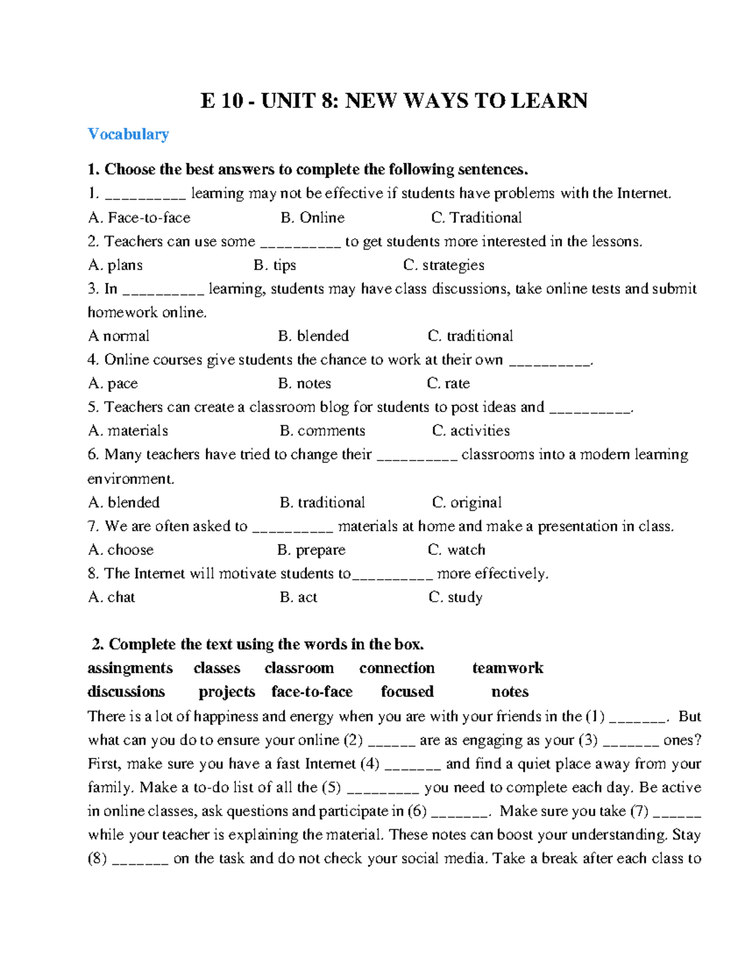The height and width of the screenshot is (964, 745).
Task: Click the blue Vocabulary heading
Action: pyautogui.click(x=128, y=134)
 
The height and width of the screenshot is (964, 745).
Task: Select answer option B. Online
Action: pyautogui.click(x=312, y=218)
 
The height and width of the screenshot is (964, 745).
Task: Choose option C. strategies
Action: pyautogui.click(x=443, y=265)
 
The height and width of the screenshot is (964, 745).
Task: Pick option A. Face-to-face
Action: pyautogui.click(x=139, y=218)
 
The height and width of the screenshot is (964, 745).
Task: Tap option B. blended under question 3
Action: pyautogui.click(x=314, y=336)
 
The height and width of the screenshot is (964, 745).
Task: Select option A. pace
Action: pyautogui.click(x=113, y=384)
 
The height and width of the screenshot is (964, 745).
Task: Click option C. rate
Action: pyautogui.click(x=448, y=384)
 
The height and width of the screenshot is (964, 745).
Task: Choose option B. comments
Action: pyautogui.click(x=322, y=431)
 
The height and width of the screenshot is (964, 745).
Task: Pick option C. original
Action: pyautogui.click(x=467, y=502)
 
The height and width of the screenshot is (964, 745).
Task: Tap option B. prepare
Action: pyautogui.click(x=311, y=550)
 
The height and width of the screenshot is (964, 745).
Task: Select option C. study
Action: pyautogui.click(x=455, y=597)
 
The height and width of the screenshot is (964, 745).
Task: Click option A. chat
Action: pyautogui.click(x=112, y=597)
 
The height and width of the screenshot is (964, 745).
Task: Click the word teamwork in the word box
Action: pyautogui.click(x=507, y=668)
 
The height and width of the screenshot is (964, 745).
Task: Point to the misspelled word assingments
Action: pyautogui.click(x=130, y=669)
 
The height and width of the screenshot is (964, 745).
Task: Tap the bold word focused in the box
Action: pyautogui.click(x=407, y=691)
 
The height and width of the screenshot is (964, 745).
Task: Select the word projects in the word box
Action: pyautogui.click(x=227, y=691)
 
